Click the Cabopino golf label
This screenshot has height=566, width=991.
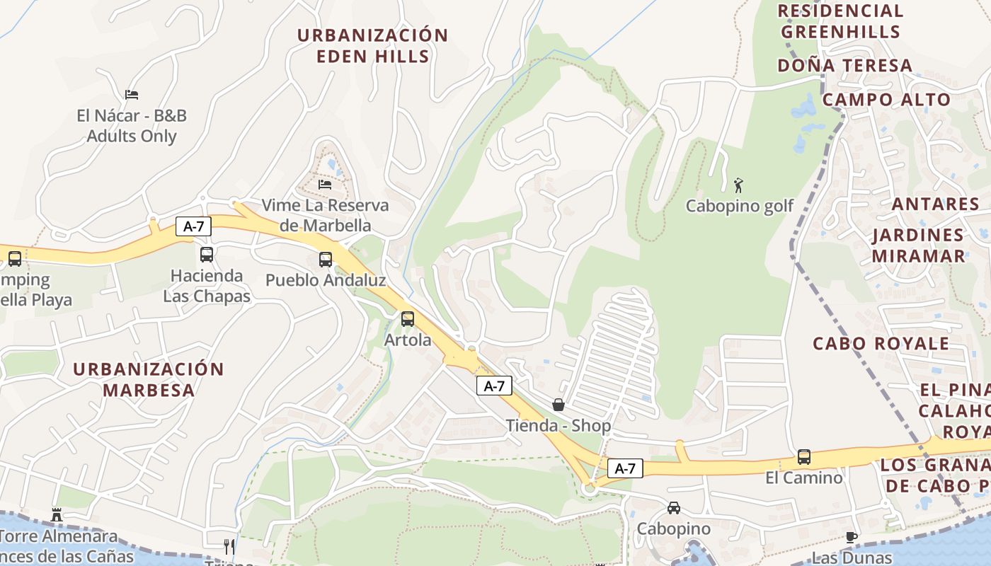[x=740, y=207]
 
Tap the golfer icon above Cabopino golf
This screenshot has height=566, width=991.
[x=739, y=185]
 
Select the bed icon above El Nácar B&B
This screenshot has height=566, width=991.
[x=132, y=94]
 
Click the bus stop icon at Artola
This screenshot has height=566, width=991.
[x=407, y=319]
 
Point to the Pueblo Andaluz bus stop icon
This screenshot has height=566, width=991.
[x=326, y=260]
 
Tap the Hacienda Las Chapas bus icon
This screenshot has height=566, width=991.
[x=207, y=255]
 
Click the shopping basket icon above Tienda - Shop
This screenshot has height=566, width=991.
[x=558, y=405]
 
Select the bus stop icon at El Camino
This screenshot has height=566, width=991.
[x=804, y=457]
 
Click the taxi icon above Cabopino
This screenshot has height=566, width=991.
[x=674, y=508]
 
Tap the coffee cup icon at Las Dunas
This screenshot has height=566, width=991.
[x=852, y=537]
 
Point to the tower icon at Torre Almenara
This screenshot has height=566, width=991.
[x=57, y=514]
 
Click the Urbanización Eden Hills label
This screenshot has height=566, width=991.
[x=372, y=45]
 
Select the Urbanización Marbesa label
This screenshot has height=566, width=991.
[x=149, y=379]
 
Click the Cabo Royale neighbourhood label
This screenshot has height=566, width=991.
[x=881, y=344]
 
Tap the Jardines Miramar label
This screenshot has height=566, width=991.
[x=918, y=245]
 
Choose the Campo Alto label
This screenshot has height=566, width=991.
[x=886, y=100]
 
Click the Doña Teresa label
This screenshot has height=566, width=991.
[x=844, y=66]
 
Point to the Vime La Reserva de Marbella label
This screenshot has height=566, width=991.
[x=326, y=215]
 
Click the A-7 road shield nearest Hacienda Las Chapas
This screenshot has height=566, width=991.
[x=194, y=226]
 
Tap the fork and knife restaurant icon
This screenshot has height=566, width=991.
[x=229, y=546]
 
